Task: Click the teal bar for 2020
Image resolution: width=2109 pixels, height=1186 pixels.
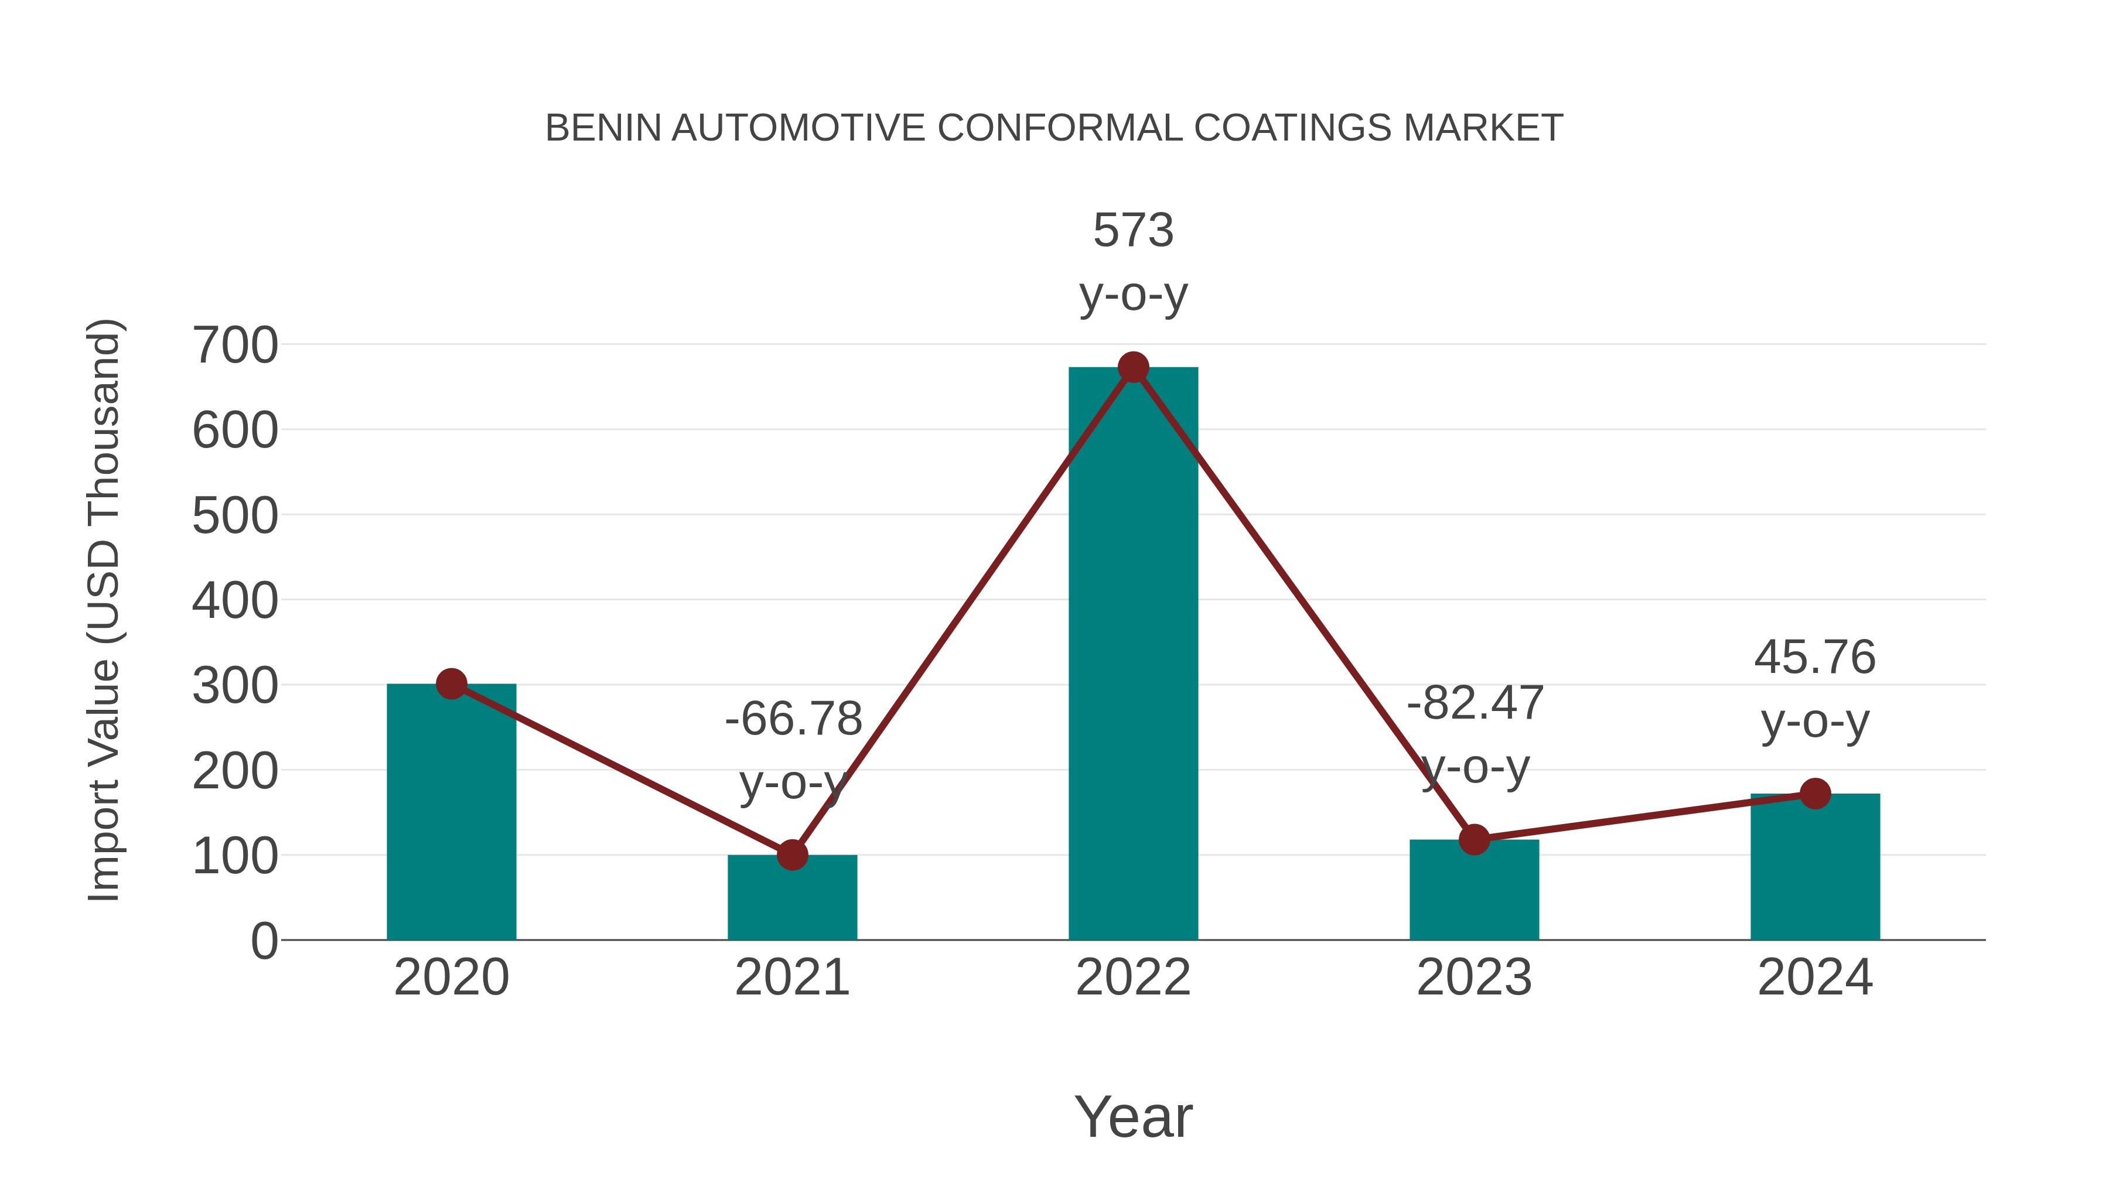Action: click(x=451, y=811)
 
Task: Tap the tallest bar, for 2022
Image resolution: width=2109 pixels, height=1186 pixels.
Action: click(x=1133, y=655)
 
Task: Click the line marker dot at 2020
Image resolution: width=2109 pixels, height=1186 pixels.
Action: click(x=451, y=683)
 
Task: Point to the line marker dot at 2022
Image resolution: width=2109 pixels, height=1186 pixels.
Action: click(x=1133, y=367)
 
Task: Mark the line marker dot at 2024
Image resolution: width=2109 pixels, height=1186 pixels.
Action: click(x=1815, y=793)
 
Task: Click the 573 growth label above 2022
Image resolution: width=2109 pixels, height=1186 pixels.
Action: click(x=1133, y=230)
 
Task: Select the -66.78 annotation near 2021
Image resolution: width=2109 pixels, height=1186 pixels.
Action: click(x=793, y=719)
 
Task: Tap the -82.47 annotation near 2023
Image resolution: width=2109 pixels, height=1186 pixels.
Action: click(x=1475, y=702)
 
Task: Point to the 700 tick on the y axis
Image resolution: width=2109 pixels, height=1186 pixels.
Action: click(x=235, y=346)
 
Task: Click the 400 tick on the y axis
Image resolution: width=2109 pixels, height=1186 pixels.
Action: click(x=235, y=601)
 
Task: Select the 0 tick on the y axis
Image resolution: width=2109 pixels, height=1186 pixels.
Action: click(x=264, y=941)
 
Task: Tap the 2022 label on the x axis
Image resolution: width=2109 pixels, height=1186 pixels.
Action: click(x=1133, y=977)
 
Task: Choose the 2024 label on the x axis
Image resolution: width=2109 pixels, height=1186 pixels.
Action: click(x=1815, y=977)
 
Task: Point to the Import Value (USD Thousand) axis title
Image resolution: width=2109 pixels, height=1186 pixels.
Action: click(x=104, y=610)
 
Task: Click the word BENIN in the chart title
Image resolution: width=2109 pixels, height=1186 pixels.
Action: click(x=603, y=128)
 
